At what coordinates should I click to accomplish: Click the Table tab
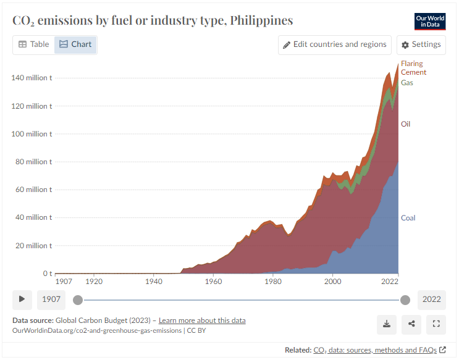(33, 44)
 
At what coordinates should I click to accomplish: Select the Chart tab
(75, 44)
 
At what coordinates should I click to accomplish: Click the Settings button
(421, 44)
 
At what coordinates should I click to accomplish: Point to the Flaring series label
(411, 64)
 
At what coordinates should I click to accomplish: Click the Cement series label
(413, 72)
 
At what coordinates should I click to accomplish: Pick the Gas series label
(407, 82)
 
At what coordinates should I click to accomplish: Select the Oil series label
(405, 124)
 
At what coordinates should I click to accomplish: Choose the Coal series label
(408, 218)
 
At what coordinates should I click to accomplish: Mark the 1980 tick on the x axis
(273, 282)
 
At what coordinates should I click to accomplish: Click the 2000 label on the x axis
(333, 282)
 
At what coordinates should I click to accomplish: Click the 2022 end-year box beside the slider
(431, 299)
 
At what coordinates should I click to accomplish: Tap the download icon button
(387, 324)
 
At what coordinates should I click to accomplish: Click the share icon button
(411, 324)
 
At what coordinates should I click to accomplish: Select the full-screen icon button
(436, 324)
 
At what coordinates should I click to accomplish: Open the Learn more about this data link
(202, 320)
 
